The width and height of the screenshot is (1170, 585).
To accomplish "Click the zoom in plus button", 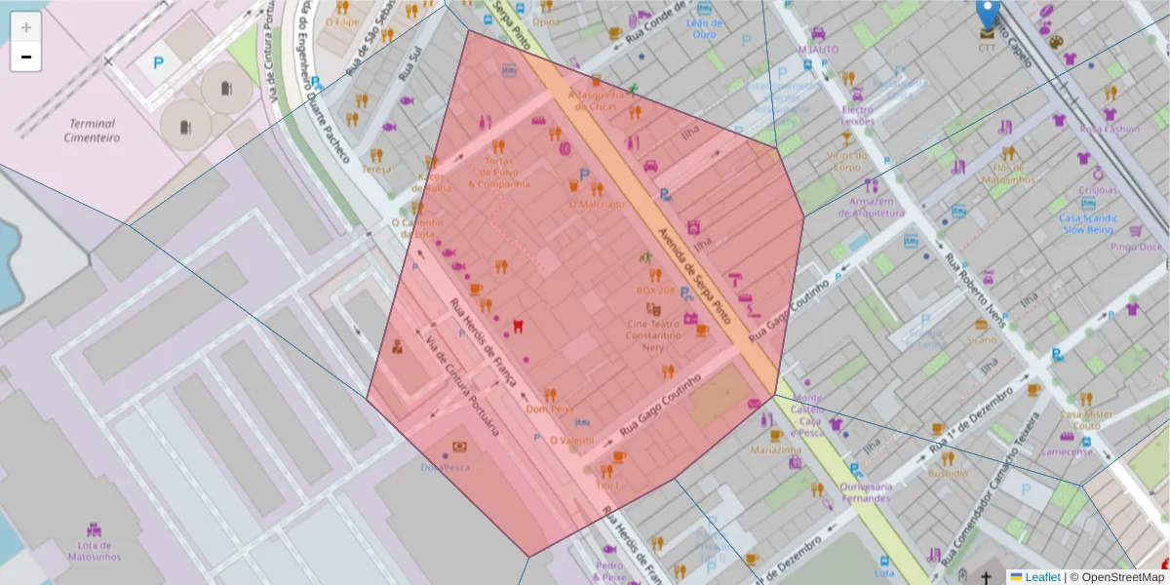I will (26, 27).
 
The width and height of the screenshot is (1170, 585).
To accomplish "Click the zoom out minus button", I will (26, 58).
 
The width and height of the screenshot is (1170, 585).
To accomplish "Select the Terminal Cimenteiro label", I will (91, 131).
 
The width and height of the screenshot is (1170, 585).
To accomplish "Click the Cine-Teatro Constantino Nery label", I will (652, 334).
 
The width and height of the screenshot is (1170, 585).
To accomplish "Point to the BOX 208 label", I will (655, 291).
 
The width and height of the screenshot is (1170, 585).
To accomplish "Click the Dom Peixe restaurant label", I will (550, 409).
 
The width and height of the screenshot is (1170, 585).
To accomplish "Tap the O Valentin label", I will (571, 441).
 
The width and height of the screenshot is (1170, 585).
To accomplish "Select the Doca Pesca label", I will (446, 467).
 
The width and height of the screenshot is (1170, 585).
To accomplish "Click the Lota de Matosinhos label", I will (95, 551).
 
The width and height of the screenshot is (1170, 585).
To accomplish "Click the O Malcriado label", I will (597, 204).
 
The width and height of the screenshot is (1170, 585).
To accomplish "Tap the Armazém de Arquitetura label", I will (865, 207).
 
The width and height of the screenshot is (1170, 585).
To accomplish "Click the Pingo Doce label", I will (1137, 247).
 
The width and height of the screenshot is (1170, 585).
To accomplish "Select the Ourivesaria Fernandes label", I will (866, 492).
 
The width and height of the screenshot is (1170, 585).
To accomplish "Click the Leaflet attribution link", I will (1041, 577).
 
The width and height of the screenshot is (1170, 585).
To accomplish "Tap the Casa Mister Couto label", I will (1087, 419).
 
